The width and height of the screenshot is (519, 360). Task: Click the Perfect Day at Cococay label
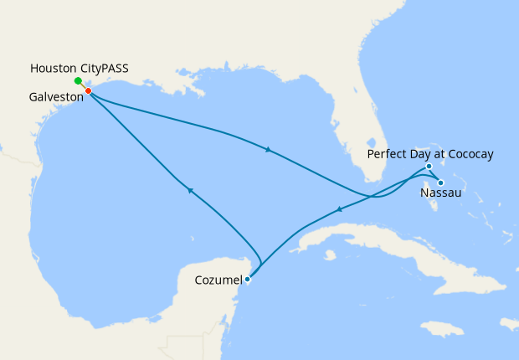[430, 154]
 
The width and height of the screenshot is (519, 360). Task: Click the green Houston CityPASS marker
[78, 81]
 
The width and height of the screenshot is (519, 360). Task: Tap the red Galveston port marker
[88, 90]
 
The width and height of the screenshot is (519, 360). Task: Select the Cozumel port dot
[247, 280]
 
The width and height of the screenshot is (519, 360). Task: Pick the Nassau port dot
[440, 182]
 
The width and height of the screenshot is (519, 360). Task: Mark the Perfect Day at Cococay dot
[429, 167]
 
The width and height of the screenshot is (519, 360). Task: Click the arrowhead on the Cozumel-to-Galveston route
[191, 191]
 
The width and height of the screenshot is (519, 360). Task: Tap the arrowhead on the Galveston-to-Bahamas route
[268, 150]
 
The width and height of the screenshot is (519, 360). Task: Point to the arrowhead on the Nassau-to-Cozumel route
[338, 209]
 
